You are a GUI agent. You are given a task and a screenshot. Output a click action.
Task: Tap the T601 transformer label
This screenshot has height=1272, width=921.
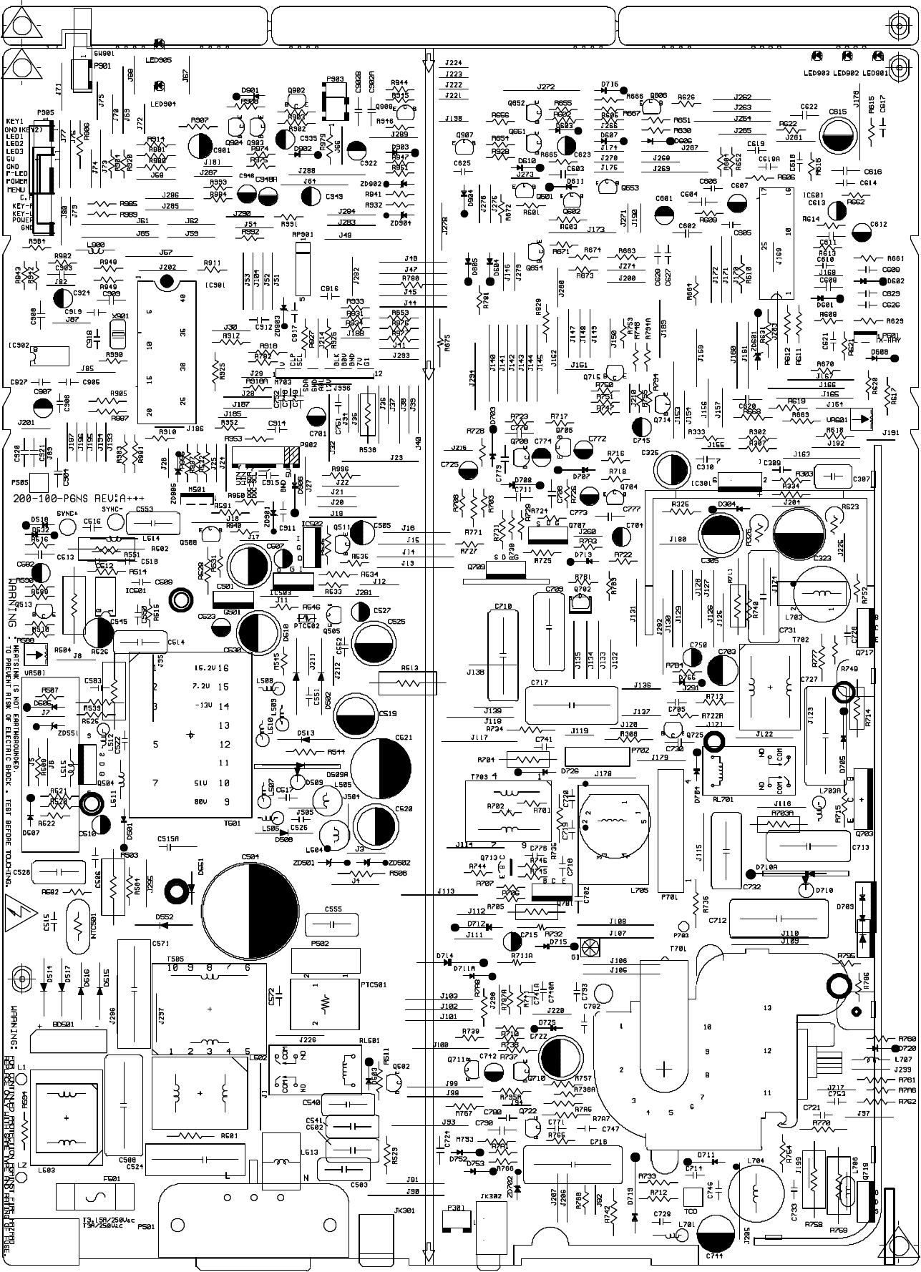pyautogui.click(x=232, y=823)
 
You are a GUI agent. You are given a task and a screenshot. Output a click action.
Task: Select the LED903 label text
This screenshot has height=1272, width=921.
pyautogui.click(x=815, y=73)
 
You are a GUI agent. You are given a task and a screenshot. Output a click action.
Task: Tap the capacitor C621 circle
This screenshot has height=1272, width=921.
pyautogui.click(x=381, y=767)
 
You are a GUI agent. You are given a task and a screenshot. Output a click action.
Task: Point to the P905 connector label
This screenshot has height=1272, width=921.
pyautogui.click(x=45, y=113)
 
